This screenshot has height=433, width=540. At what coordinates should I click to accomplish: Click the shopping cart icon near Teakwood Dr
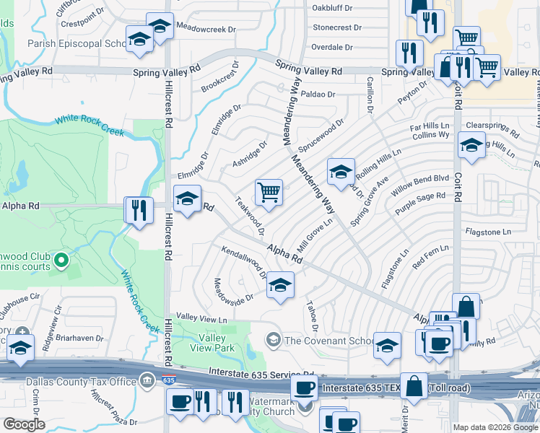[x=269, y=193]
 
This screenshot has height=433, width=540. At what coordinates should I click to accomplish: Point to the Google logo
[x=23, y=424]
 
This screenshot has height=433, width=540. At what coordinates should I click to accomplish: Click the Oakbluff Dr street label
[x=331, y=8]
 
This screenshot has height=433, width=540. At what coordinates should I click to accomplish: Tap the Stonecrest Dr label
[x=336, y=27]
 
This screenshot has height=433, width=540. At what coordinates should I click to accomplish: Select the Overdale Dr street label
[x=331, y=48]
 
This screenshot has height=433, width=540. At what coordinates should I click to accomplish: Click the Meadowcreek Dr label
[x=206, y=30]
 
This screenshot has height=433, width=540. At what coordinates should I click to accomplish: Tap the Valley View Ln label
[x=202, y=319]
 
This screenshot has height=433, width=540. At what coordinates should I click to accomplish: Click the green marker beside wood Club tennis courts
[x=61, y=260]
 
